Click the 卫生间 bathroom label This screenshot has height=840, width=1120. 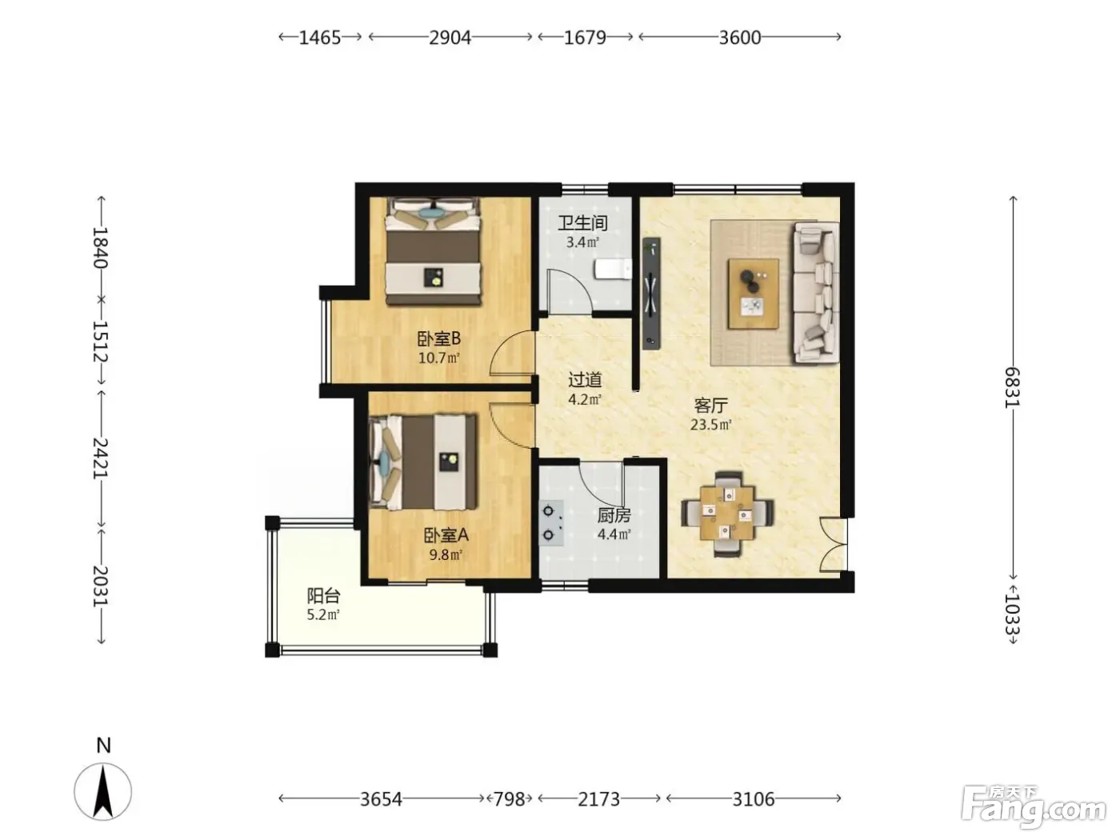[582, 223]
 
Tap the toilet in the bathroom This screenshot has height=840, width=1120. [613, 269]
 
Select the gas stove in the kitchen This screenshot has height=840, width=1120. [551, 522]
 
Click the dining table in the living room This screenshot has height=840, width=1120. [727, 513]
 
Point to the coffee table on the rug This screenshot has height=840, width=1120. [754, 294]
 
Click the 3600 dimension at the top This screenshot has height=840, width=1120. [739, 38]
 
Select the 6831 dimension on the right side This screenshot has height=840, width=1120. [1012, 387]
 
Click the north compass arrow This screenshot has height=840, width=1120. [103, 792]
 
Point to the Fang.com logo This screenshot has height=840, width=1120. [1034, 811]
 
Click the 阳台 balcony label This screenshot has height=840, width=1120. [323, 596]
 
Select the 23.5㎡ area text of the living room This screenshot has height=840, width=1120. [711, 424]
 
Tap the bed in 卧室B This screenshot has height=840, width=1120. [434, 252]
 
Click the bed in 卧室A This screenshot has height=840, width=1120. [423, 462]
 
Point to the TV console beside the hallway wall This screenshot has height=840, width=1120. [651, 294]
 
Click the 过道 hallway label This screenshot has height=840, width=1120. [586, 379]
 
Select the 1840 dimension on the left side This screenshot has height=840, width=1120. [100, 248]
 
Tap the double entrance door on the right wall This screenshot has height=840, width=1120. [834, 544]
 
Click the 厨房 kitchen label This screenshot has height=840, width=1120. [614, 516]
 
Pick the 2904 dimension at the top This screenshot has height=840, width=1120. [450, 38]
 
